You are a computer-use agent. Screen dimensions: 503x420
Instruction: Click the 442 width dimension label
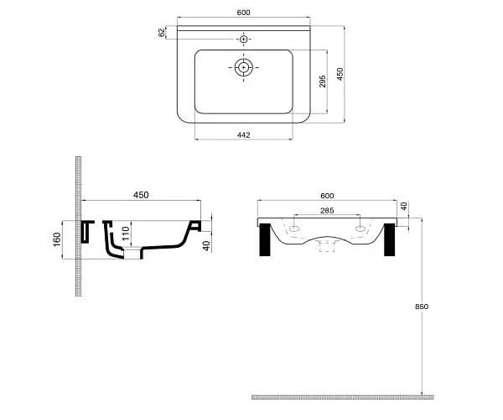[243, 135]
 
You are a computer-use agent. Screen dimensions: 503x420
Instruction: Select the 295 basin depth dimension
[323, 81]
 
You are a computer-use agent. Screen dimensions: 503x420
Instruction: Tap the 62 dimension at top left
[162, 33]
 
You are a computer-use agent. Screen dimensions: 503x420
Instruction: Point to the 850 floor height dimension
[422, 307]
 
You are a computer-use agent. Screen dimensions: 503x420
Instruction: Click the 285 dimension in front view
[327, 211]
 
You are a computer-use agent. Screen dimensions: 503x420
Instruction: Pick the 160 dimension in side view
[56, 239]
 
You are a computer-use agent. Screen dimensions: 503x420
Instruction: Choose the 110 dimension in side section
[126, 234]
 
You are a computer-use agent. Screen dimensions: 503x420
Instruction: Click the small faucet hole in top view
[244, 39]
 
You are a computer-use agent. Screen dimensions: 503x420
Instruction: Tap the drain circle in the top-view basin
[244, 68]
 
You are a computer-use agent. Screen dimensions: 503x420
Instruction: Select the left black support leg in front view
[265, 239]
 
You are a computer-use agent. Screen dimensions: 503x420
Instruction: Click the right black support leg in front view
[390, 239]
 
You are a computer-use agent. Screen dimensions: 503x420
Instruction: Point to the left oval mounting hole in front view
[294, 228]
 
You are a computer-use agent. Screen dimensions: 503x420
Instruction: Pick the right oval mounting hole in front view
[360, 228]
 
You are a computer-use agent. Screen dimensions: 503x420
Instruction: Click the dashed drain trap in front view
[327, 245]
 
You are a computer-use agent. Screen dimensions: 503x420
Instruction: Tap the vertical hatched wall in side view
[78, 226]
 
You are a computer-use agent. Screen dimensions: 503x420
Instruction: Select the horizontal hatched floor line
[343, 397]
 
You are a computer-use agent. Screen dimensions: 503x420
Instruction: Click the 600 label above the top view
[243, 13]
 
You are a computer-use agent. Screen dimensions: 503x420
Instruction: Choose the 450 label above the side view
[141, 195]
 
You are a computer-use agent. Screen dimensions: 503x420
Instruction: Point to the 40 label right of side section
[207, 245]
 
